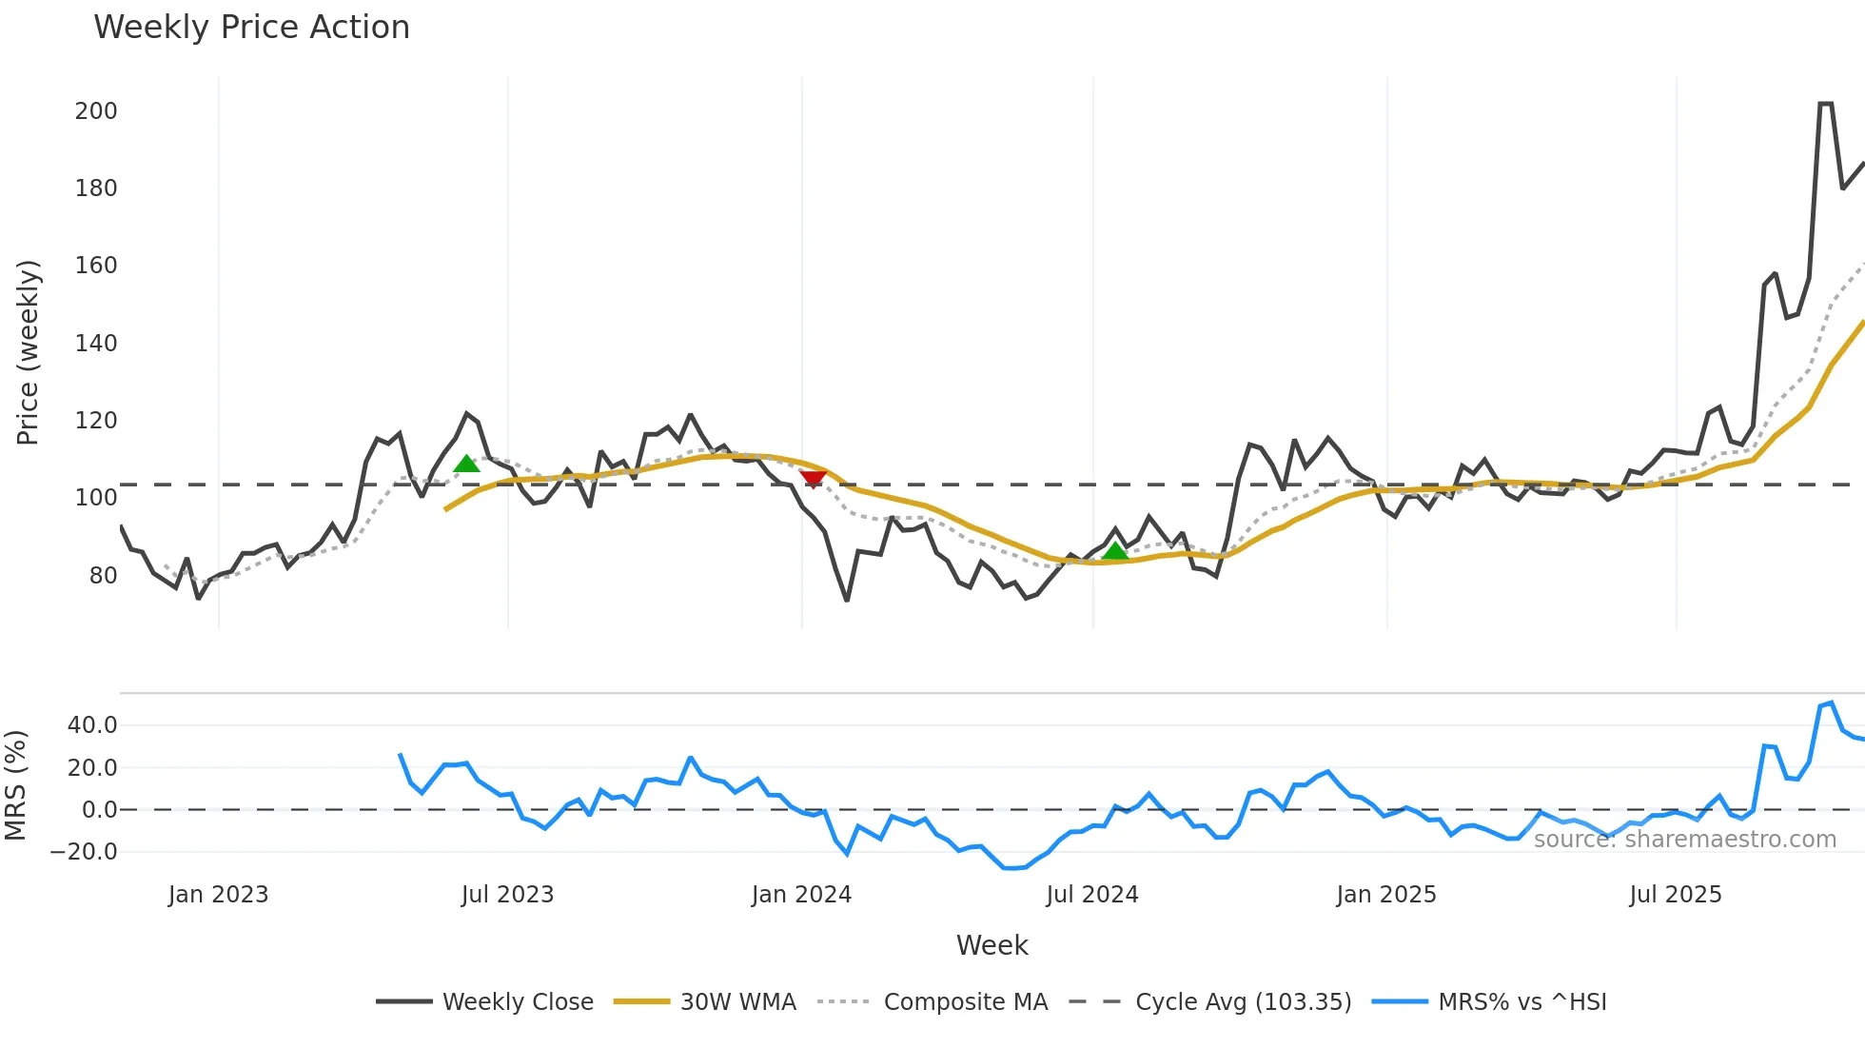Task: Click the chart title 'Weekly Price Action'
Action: tap(251, 28)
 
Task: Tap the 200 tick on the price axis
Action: tap(96, 111)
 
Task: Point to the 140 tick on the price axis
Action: tap(96, 344)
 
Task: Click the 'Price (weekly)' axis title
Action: tap(28, 352)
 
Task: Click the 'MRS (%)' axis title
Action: tap(15, 785)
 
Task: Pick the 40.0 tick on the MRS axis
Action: tap(92, 725)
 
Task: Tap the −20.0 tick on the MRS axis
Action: tap(84, 852)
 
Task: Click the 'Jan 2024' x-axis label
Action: tap(801, 895)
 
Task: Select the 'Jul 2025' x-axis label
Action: tap(1675, 895)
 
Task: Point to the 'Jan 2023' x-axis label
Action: tap(218, 895)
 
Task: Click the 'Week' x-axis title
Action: tap(991, 945)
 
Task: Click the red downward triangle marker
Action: tap(813, 479)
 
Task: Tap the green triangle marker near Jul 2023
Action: tap(466, 464)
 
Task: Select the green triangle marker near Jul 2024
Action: tap(1115, 550)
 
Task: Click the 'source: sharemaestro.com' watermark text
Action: tap(1684, 840)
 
